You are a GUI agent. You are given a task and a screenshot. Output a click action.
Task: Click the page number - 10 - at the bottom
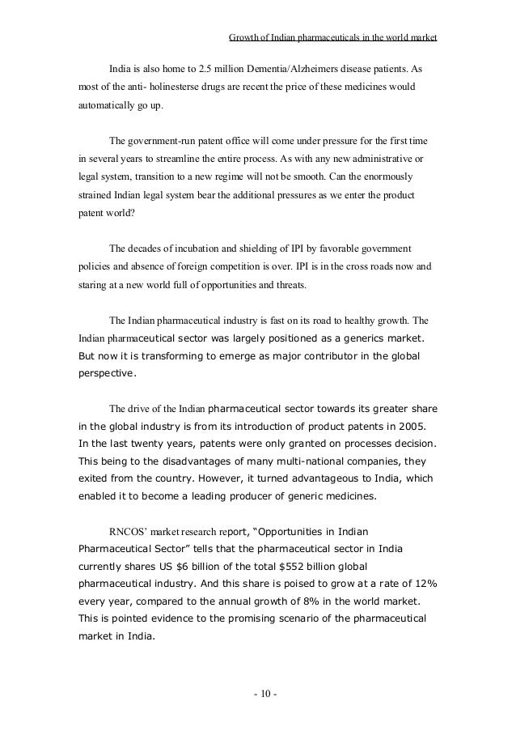coord(263,695)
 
